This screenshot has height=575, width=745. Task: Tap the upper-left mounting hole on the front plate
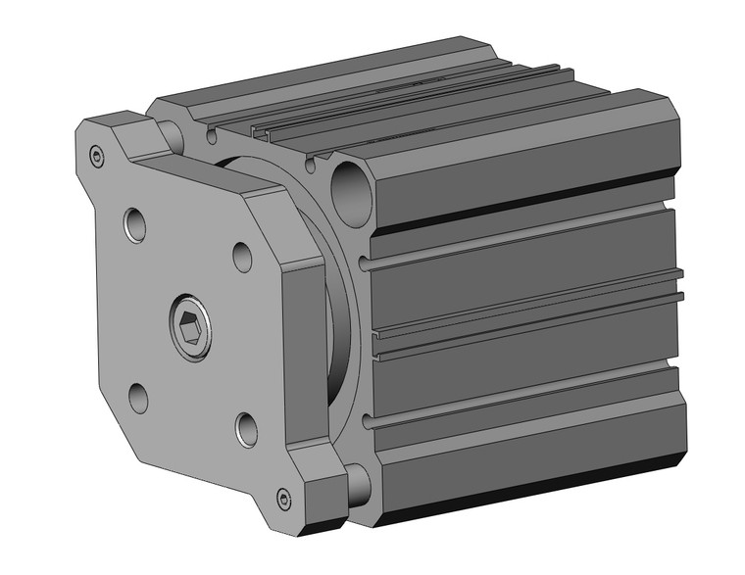point(135,224)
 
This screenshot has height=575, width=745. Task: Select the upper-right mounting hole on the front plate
point(243,257)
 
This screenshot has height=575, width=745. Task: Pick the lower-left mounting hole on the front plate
point(138,397)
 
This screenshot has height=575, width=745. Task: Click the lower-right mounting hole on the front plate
point(247,428)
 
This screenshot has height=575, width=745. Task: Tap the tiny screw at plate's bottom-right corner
point(284,501)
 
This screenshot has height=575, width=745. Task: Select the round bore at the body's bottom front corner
point(356,480)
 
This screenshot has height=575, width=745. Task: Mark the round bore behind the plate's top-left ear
point(173,132)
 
